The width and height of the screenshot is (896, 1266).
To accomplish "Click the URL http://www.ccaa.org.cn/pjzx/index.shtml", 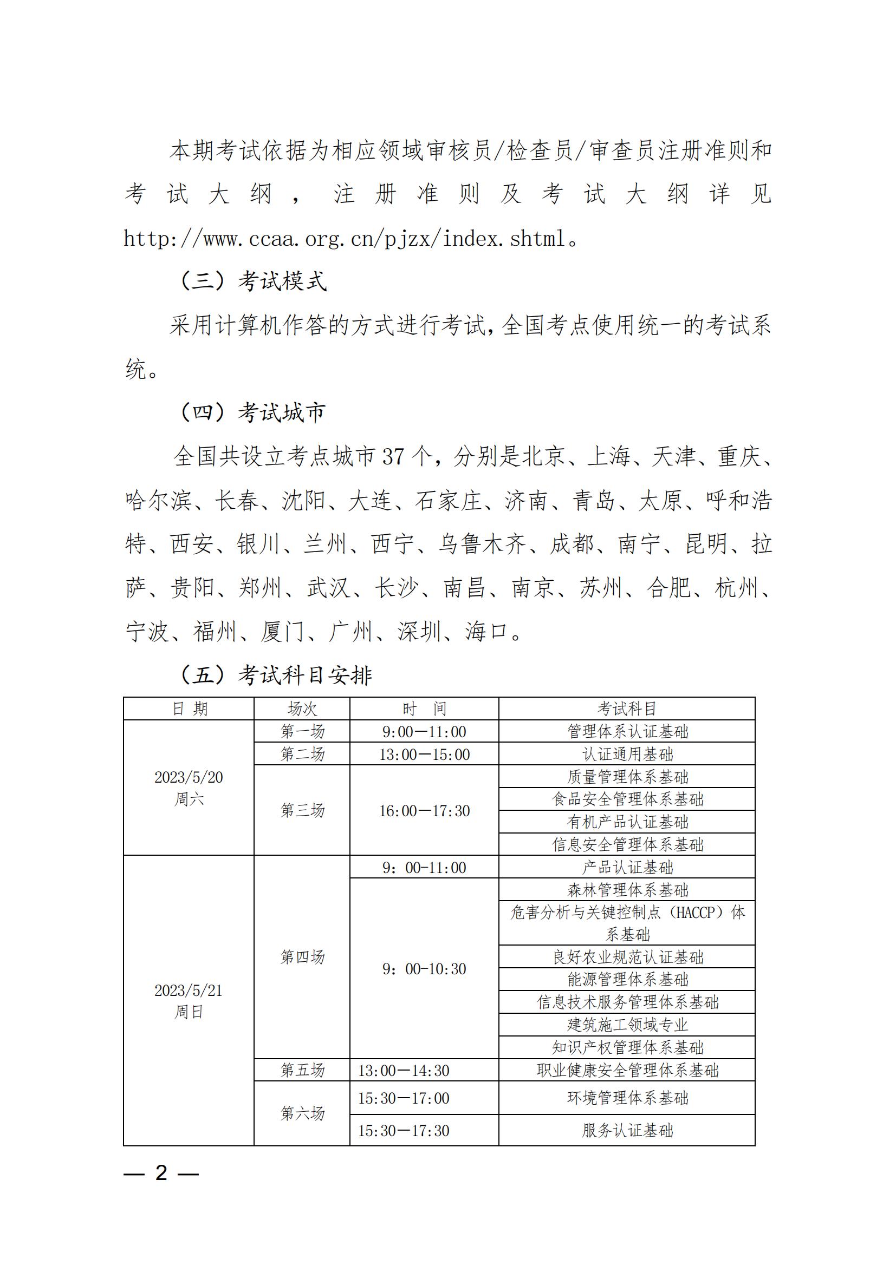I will pos(345,239).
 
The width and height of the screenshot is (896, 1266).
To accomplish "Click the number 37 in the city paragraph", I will pos(393,457).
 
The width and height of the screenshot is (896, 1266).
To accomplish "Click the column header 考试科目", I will pos(627,709).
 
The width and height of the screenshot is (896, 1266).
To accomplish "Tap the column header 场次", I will pos(302,709).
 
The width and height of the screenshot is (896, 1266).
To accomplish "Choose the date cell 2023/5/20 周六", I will pos(189,788).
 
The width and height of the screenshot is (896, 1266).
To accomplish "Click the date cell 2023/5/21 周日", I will pos(189,1001).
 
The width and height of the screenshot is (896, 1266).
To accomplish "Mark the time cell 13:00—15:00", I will pos(424,754).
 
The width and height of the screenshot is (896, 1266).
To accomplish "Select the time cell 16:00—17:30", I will pos(424,811).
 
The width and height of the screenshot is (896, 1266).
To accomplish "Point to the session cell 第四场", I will pos(302,956).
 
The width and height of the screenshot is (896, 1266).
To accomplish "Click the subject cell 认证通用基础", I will pos(627,754).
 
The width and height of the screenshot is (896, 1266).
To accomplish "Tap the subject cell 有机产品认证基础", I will pos(627,822).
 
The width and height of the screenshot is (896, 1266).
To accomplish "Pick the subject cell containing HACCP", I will pos(627,923).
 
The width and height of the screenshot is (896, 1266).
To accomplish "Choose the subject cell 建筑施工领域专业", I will pos(627,1025).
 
